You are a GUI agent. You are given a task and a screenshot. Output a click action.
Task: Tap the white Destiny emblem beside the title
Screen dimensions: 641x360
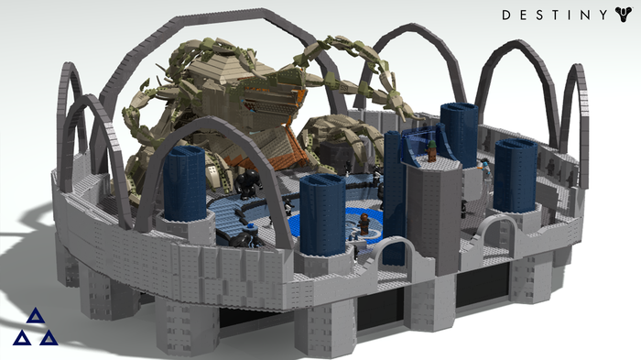[624, 15]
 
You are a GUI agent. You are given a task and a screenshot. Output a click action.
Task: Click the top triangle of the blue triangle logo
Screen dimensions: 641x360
[36, 316]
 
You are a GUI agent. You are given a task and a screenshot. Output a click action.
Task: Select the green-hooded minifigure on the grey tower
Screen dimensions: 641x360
[431, 150]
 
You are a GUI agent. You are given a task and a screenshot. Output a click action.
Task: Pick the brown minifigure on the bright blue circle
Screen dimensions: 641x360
[364, 224]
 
